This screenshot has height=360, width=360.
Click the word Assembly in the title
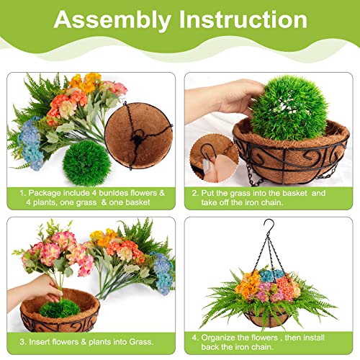tap(115, 19)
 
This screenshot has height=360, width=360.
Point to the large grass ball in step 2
tap(288, 109)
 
